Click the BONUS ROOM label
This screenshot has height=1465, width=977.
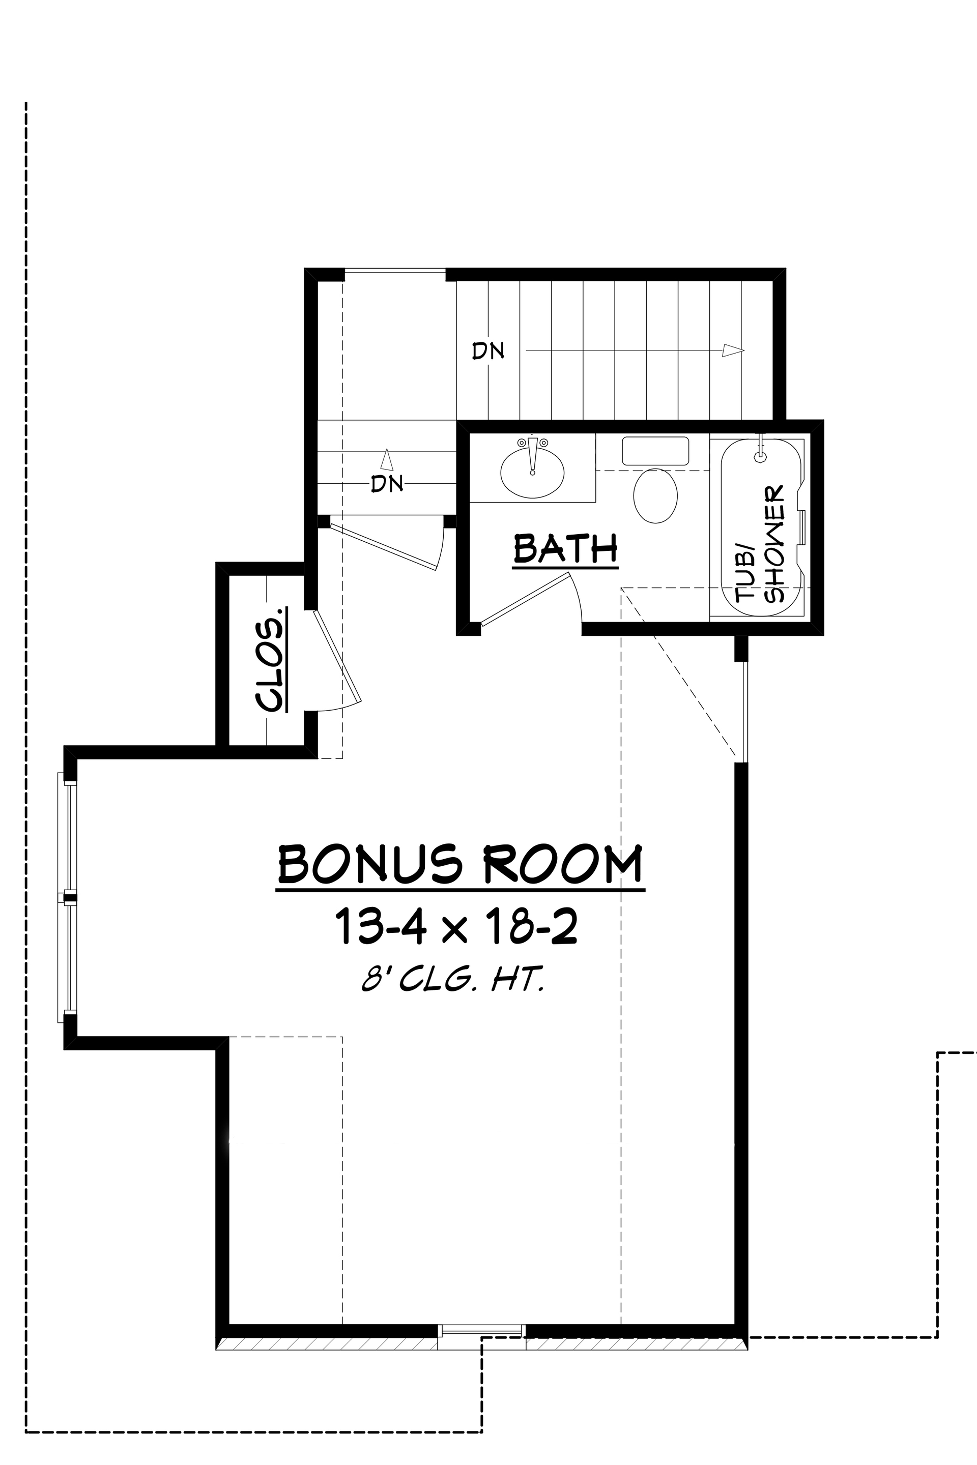[460, 865]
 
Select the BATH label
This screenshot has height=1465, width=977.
[565, 548]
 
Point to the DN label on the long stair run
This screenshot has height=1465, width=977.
[487, 351]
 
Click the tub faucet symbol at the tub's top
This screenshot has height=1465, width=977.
[760, 455]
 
